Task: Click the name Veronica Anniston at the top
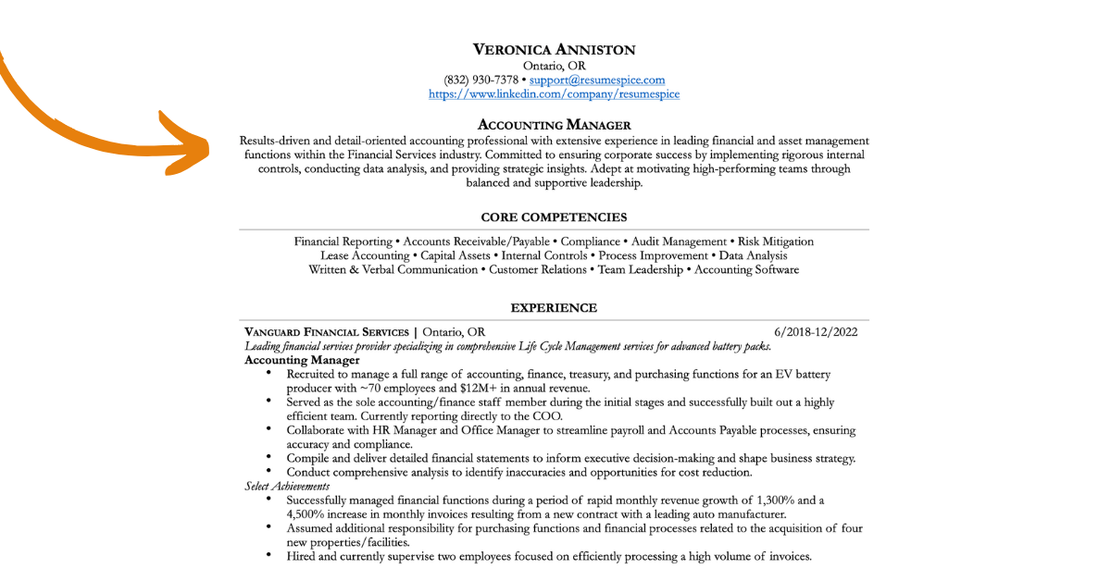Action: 554,50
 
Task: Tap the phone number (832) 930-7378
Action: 481,80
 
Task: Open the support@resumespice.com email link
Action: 597,80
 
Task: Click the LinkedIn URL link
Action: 554,94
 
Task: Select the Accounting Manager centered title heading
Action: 554,125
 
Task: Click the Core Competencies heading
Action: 554,217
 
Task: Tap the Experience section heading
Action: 554,308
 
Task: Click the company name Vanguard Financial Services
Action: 326,332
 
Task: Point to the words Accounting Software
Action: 746,270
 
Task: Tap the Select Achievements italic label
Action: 287,487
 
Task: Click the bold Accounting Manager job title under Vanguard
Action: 302,360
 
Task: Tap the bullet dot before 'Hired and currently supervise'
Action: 268,555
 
